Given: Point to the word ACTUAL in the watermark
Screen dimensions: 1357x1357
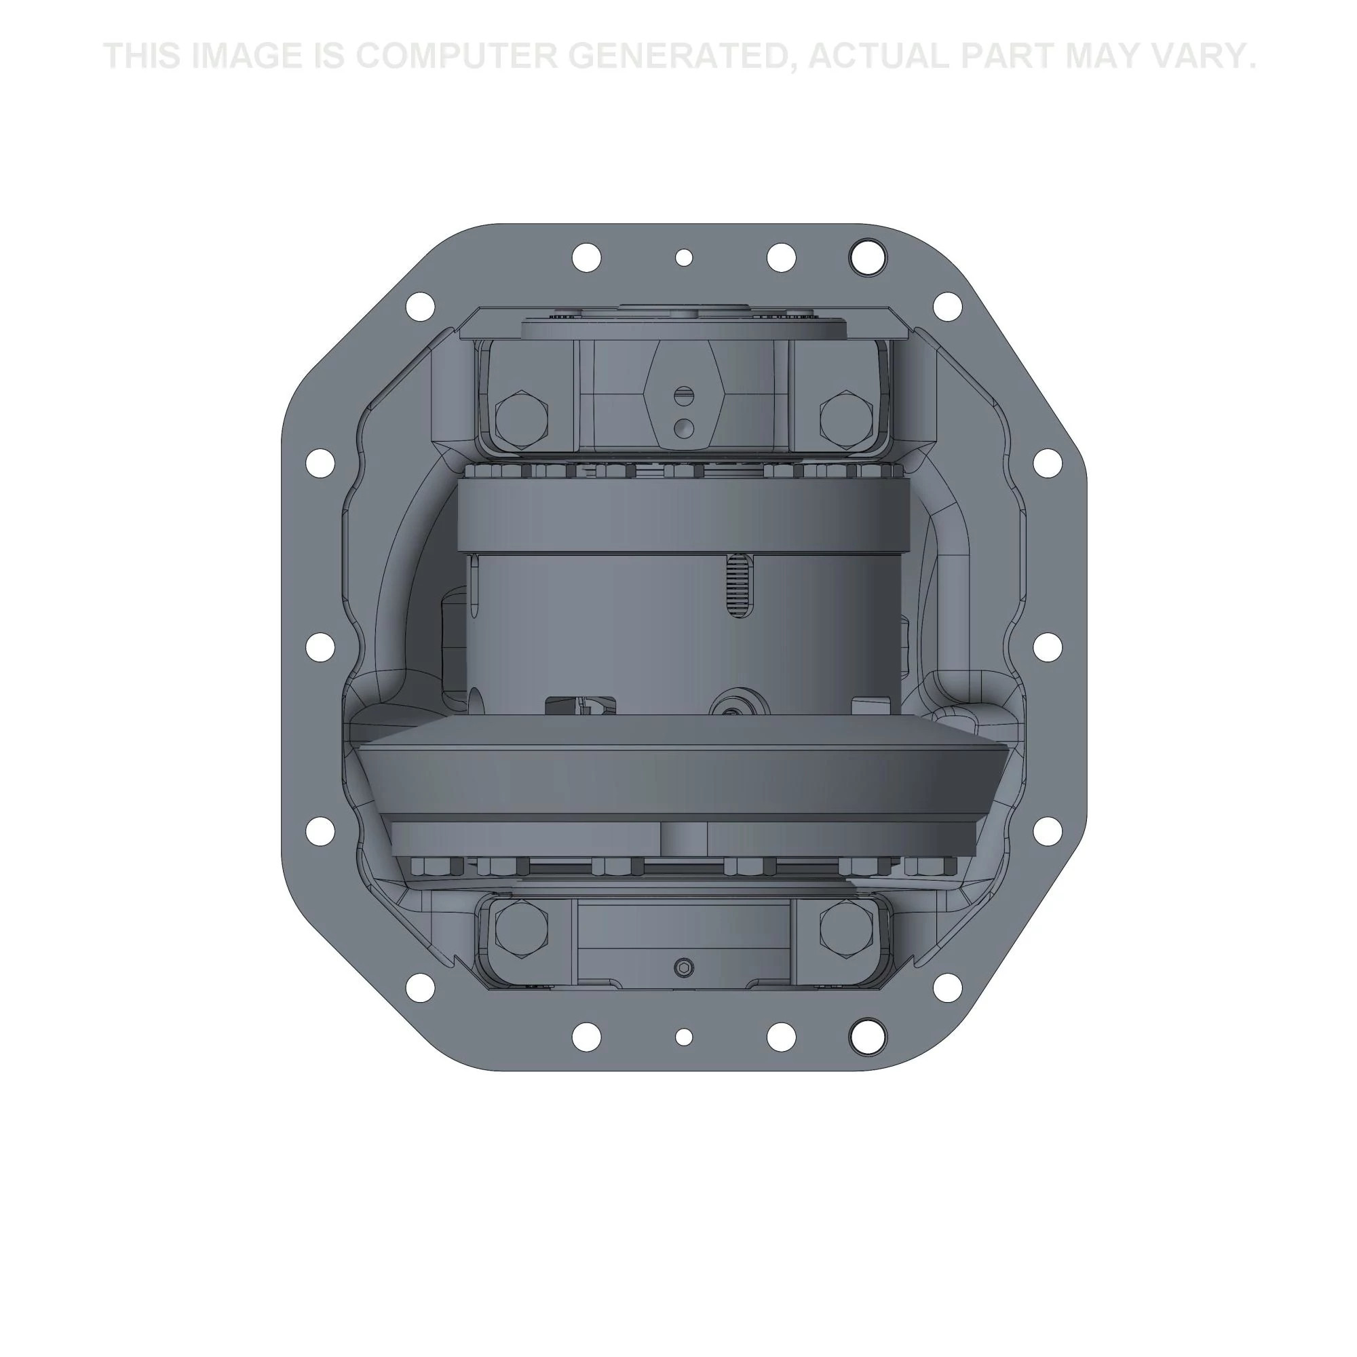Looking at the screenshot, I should [x=879, y=56].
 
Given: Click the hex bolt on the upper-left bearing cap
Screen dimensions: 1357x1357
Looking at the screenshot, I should [x=521, y=419].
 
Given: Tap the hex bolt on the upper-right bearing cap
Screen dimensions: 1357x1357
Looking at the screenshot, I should [x=845, y=419].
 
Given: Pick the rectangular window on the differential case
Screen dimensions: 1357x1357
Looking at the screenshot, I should [x=581, y=706].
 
